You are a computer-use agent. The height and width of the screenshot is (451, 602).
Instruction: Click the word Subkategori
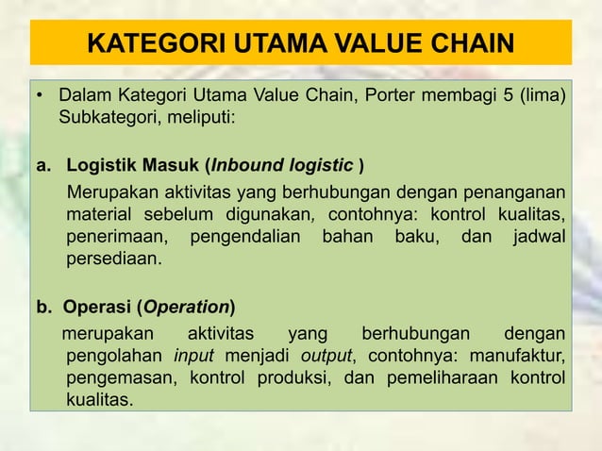pyautogui.click(x=111, y=120)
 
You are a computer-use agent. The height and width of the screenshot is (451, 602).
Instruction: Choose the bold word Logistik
pyautogui.click(x=102, y=168)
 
